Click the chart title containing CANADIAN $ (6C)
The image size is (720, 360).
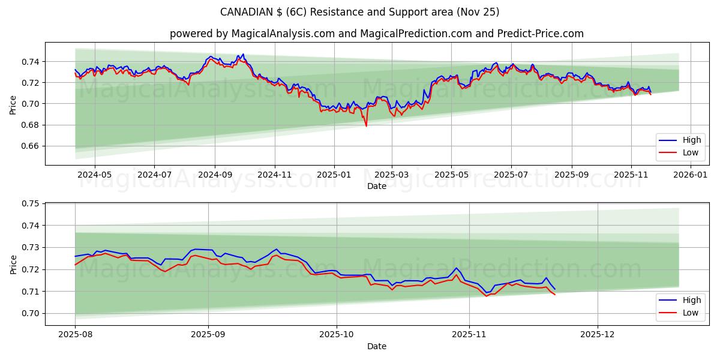pyautogui.click(x=359, y=12)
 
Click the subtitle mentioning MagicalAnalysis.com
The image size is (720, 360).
pyautogui.click(x=376, y=34)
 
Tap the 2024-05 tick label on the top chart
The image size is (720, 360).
pyautogui.click(x=94, y=175)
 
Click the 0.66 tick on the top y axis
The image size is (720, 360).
pyautogui.click(x=30, y=146)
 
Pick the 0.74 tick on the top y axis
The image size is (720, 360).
pyautogui.click(x=30, y=62)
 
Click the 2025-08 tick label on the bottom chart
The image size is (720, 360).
pyautogui.click(x=75, y=335)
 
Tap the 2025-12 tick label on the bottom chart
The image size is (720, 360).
pyautogui.click(x=598, y=335)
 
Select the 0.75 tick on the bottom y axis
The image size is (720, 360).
pyautogui.click(x=30, y=203)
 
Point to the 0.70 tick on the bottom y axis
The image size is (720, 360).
pyautogui.click(x=30, y=313)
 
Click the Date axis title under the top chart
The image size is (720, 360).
pyautogui.click(x=377, y=187)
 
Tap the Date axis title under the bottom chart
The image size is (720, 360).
pyautogui.click(x=377, y=346)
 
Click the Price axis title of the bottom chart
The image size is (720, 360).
pyautogui.click(x=13, y=264)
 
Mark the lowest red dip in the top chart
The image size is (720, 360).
pyautogui.click(x=366, y=126)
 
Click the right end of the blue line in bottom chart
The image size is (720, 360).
pyautogui.click(x=554, y=289)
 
